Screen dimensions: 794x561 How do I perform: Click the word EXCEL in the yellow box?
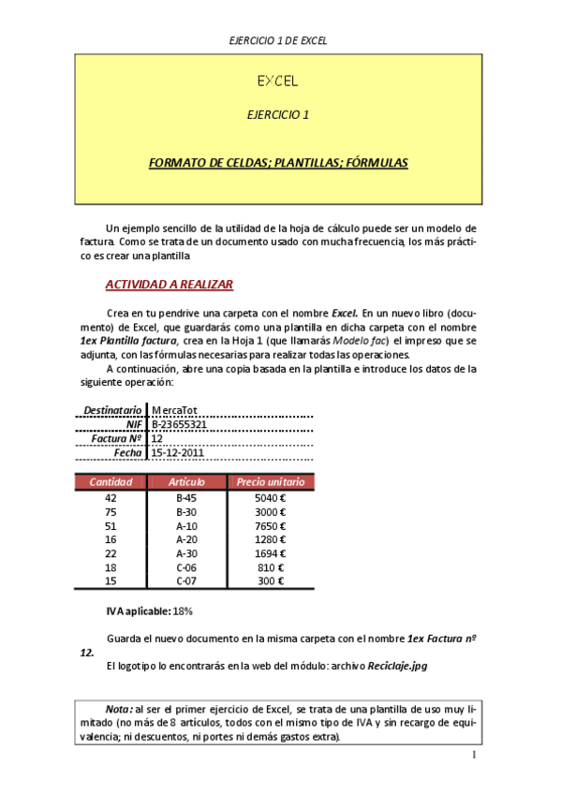point(278,81)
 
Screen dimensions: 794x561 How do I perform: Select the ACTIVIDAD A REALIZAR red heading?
point(169,285)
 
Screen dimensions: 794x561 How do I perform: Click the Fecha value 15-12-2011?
point(177,452)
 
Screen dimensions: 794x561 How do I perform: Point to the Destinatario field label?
point(112,410)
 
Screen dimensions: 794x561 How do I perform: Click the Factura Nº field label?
point(116,438)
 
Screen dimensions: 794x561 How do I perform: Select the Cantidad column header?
point(111,482)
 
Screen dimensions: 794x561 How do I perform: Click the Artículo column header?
point(186,482)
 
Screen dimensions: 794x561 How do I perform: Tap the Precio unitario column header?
point(271,482)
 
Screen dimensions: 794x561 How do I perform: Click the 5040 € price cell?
point(270,498)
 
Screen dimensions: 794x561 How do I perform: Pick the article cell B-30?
point(186,512)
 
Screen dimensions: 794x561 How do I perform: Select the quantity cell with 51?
point(111,526)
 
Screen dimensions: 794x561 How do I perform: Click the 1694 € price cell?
point(270,553)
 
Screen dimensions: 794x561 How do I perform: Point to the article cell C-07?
point(186,581)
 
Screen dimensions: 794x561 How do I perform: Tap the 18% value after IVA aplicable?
point(183,611)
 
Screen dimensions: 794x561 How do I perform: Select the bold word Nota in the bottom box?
point(118,709)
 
